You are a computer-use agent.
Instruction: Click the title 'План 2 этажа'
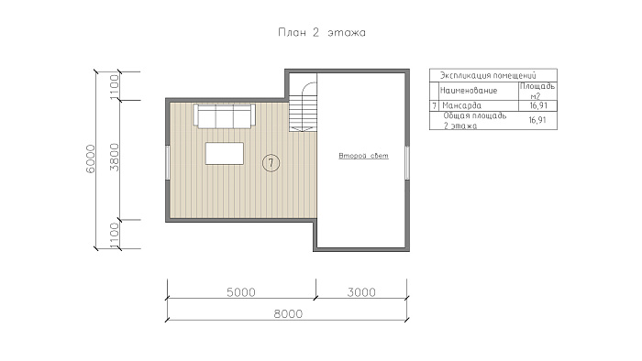pyautogui.click(x=322, y=32)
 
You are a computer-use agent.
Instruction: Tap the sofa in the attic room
pyautogui.click(x=225, y=116)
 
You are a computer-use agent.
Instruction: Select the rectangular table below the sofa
pyautogui.click(x=225, y=153)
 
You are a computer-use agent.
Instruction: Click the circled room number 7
pyautogui.click(x=271, y=163)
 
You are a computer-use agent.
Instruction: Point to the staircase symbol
pyautogui.click(x=304, y=106)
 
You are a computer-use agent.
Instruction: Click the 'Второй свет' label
pyautogui.click(x=363, y=156)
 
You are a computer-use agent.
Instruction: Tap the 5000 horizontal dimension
pyautogui.click(x=240, y=292)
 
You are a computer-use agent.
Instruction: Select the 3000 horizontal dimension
pyautogui.click(x=361, y=292)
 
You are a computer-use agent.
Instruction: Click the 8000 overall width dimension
pyautogui.click(x=288, y=314)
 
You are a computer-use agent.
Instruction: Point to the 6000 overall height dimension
pyautogui.click(x=91, y=159)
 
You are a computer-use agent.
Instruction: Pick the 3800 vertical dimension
pyautogui.click(x=115, y=158)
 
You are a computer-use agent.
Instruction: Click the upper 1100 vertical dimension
pyautogui.click(x=115, y=86)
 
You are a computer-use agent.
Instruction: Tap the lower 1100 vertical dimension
pyautogui.click(x=115, y=235)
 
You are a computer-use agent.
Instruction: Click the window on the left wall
pyautogui.click(x=168, y=162)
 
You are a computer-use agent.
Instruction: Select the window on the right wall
pyautogui.click(x=407, y=162)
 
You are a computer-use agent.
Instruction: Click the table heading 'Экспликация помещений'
pyautogui.click(x=488, y=76)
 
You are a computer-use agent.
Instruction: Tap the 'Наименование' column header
pyautogui.click(x=469, y=91)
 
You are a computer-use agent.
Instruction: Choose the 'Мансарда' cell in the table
pyautogui.click(x=462, y=105)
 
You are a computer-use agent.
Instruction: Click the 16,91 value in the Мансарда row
pyautogui.click(x=537, y=105)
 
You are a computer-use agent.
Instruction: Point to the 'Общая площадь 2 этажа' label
pyautogui.click(x=475, y=121)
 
